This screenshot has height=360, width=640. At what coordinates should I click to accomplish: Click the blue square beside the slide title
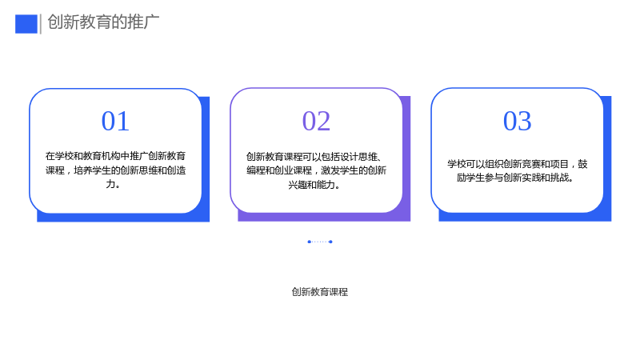tap(26, 24)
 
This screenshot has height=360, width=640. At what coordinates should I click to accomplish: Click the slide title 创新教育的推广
tap(103, 22)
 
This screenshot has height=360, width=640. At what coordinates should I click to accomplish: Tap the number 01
tap(115, 122)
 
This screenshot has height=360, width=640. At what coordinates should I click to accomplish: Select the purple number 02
tap(316, 122)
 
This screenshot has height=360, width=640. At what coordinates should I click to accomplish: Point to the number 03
tap(517, 122)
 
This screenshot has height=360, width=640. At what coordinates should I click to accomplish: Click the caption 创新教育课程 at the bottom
tap(319, 292)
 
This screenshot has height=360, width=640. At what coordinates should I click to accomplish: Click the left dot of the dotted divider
tap(309, 242)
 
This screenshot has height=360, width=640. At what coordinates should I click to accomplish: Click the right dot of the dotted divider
tap(330, 242)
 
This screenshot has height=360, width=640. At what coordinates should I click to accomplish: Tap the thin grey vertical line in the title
tap(41, 24)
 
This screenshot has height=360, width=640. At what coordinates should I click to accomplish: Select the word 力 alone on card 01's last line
tap(110, 184)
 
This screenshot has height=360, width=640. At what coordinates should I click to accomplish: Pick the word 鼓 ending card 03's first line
tap(582, 164)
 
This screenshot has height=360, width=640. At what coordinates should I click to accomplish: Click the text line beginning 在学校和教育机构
tap(115, 156)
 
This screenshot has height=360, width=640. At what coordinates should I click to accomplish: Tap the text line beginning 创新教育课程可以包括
tap(314, 157)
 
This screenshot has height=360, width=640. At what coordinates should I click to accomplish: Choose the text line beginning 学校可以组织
tap(517, 164)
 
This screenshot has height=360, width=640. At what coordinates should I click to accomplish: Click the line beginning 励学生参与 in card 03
tap(515, 178)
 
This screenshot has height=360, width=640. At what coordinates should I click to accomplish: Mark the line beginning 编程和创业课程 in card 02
tap(316, 170)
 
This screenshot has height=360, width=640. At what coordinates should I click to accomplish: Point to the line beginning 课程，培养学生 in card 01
tap(115, 170)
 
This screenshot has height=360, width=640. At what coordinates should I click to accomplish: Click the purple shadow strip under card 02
tap(324, 217)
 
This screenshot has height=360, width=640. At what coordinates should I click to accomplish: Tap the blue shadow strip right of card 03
tap(607, 158)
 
